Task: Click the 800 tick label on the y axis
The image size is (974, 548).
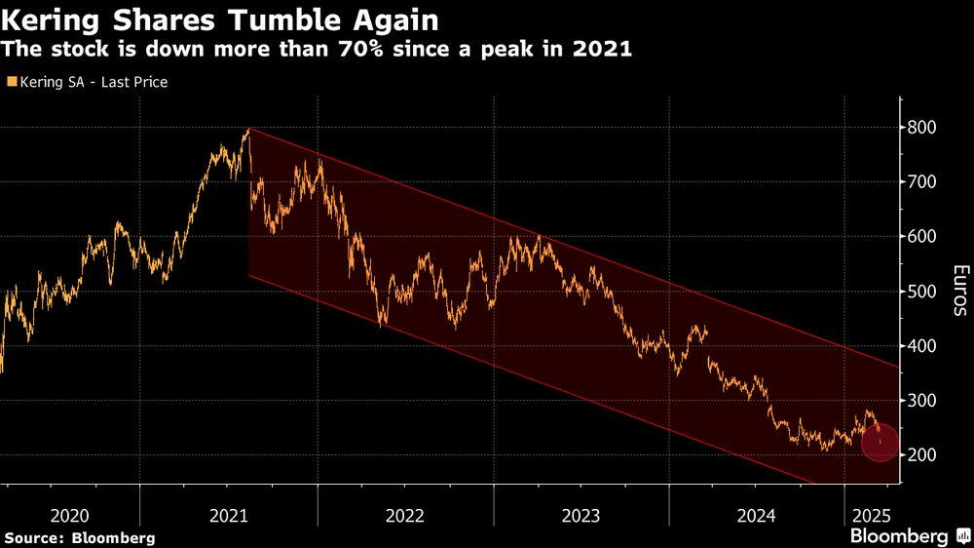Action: [922, 128]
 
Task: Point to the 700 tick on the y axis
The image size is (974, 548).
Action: [922, 182]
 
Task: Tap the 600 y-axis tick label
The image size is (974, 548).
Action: [922, 237]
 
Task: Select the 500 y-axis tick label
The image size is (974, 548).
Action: [922, 292]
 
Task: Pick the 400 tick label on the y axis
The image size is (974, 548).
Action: [922, 346]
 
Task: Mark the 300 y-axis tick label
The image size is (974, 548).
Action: [922, 401]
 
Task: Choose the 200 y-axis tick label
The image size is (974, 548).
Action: [922, 455]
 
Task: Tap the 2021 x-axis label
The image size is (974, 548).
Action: [228, 513]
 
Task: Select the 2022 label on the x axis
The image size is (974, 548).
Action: [405, 513]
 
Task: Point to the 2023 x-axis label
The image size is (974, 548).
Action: [581, 513]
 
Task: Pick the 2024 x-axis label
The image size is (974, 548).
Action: [757, 513]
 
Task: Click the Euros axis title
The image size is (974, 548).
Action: [959, 291]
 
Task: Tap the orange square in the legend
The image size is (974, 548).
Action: [12, 83]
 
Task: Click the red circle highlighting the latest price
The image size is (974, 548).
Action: [880, 442]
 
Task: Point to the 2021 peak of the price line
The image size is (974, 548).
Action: [249, 130]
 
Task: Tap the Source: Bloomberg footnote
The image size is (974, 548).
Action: [79, 537]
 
